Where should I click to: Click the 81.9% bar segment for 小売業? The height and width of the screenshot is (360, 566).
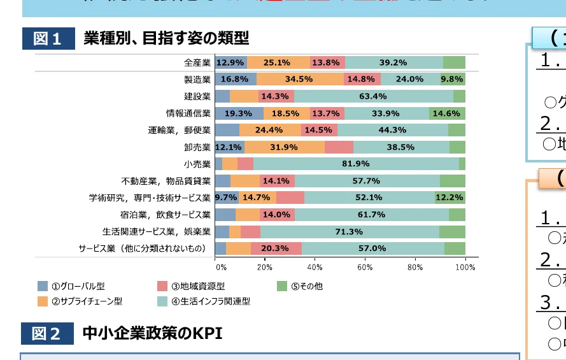pyautogui.click(x=356, y=164)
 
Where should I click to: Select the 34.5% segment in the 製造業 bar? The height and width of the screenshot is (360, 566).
pyautogui.click(x=299, y=79)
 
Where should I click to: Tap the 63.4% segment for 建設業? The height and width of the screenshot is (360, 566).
pyautogui.click(x=373, y=96)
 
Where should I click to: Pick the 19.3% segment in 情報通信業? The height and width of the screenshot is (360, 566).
pyautogui.click(x=239, y=113)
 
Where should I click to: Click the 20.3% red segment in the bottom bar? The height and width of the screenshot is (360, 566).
pyautogui.click(x=276, y=248)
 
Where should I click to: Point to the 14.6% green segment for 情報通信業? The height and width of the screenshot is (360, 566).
pyautogui.click(x=446, y=113)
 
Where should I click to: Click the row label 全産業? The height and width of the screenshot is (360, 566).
pyautogui.click(x=197, y=62)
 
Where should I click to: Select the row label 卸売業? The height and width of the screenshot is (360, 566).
pyautogui.click(x=197, y=147)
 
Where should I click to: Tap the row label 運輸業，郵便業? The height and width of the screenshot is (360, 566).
pyautogui.click(x=179, y=130)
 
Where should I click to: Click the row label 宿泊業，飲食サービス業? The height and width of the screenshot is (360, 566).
pyautogui.click(x=165, y=215)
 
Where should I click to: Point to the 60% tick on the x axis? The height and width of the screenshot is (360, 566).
pyautogui.click(x=365, y=267)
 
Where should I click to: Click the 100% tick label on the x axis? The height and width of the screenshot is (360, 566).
pyautogui.click(x=465, y=267)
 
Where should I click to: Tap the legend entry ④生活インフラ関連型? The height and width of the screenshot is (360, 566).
pyautogui.click(x=202, y=301)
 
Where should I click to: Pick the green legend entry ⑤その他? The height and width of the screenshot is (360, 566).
pyautogui.click(x=300, y=286)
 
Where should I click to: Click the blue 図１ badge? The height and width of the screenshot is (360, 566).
pyautogui.click(x=48, y=39)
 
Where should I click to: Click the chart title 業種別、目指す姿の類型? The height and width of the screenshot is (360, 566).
pyautogui.click(x=166, y=39)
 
